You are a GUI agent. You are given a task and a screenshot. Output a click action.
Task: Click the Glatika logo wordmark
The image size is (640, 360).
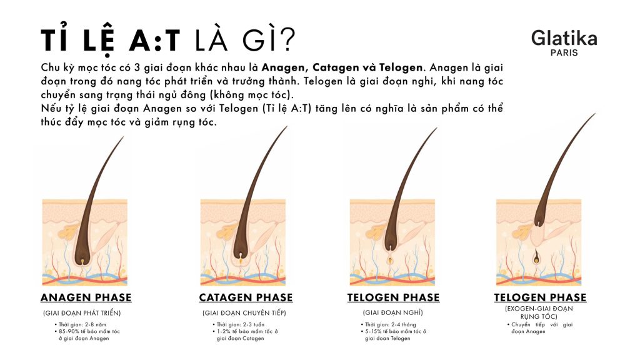click(564, 39)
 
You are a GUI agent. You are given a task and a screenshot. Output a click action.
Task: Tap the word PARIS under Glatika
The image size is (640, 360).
click(564, 53)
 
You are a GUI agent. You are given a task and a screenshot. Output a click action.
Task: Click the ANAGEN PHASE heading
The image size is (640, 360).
click(86, 297)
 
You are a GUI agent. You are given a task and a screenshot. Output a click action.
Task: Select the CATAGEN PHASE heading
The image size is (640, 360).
click(246, 297)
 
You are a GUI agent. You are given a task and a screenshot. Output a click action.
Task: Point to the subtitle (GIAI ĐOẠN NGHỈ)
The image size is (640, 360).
click(393, 312)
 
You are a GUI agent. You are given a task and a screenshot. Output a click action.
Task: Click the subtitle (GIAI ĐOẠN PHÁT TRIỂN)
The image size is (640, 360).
click(82, 312)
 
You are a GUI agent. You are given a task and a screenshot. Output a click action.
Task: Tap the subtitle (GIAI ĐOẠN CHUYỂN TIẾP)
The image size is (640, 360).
click(244, 312)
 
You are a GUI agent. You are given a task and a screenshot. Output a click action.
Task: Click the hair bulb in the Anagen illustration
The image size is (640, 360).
click(81, 256)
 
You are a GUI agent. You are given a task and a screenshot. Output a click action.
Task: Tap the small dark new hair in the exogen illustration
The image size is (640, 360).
click(537, 257)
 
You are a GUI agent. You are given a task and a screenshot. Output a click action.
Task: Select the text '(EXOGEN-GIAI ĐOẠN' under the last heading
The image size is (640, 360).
click(539, 309)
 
